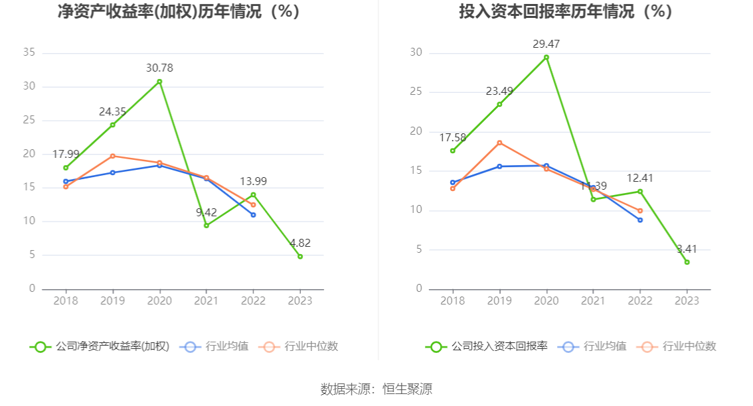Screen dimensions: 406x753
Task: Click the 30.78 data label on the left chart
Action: [x=159, y=68]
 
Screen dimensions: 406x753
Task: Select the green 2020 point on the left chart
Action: [x=159, y=82]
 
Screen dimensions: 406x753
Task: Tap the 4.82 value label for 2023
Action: [x=299, y=243]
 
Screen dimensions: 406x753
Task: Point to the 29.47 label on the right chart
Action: [x=546, y=44]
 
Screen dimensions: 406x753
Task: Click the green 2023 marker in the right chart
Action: [x=687, y=262]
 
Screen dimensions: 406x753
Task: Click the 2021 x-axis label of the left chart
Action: [x=206, y=301]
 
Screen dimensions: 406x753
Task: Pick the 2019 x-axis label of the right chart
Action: [x=499, y=301]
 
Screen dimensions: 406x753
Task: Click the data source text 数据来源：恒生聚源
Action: [x=376, y=389]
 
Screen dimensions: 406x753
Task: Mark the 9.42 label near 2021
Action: [x=207, y=212]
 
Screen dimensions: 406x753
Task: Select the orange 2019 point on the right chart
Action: [x=499, y=143]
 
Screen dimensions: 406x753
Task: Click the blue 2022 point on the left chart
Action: [x=253, y=215]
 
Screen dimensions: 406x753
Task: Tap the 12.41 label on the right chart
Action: [x=640, y=178]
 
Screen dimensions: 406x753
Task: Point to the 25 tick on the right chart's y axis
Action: [x=416, y=92]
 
